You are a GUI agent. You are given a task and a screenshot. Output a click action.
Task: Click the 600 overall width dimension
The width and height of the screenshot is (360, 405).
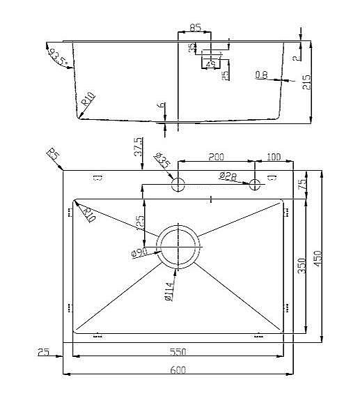[x=178, y=371]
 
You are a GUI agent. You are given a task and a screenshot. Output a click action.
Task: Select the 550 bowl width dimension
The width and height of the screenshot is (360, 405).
[x=178, y=351]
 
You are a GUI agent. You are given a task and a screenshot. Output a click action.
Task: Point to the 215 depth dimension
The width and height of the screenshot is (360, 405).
[x=307, y=82]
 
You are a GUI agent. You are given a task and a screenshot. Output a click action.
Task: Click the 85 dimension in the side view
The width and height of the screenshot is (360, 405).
[x=195, y=28]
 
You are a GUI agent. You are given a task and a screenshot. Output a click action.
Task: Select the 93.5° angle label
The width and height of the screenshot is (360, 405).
[x=57, y=56]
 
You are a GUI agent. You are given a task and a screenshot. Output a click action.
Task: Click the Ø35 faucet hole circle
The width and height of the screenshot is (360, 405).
[x=178, y=185]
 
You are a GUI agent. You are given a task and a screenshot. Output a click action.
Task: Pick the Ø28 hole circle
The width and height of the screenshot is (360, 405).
[x=256, y=185]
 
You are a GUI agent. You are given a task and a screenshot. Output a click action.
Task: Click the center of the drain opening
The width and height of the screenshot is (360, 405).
[x=178, y=247]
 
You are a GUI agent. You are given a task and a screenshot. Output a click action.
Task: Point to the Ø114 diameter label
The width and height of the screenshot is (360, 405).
[x=169, y=291]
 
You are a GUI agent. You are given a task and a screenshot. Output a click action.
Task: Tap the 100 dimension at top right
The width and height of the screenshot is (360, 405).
[x=274, y=157]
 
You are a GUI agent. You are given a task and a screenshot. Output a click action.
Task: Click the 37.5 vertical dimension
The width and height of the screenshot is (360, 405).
[x=138, y=147]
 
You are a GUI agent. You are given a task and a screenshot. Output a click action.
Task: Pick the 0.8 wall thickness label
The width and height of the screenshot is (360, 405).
[x=261, y=75]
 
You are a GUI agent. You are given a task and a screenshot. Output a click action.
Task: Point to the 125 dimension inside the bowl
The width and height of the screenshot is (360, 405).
[x=141, y=223]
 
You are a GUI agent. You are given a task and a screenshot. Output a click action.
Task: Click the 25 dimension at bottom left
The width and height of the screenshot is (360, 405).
[x=42, y=352]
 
